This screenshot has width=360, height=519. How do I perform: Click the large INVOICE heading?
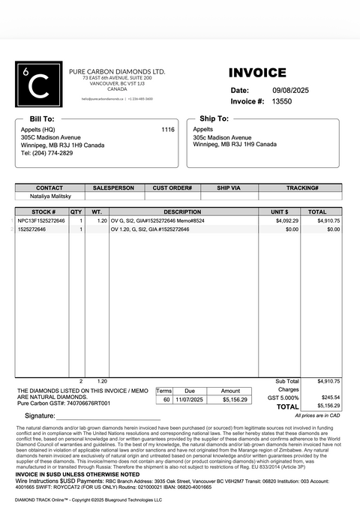click(x=257, y=73)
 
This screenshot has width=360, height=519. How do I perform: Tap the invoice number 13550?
click(x=281, y=100)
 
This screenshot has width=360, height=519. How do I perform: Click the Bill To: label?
click(x=41, y=118)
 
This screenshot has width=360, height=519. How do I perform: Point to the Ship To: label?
click(x=214, y=118)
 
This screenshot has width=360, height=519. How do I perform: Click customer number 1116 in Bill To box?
click(x=167, y=130)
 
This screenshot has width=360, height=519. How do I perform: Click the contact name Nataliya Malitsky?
click(x=49, y=196)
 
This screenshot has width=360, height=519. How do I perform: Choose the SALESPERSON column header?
click(x=113, y=187)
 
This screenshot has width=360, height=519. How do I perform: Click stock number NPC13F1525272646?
click(x=41, y=221)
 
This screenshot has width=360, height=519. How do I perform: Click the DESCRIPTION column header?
click(x=182, y=212)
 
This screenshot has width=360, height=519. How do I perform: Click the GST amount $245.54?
click(x=330, y=397)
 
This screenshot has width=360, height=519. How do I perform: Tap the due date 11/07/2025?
click(x=189, y=400)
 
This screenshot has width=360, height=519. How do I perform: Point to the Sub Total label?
click(x=286, y=381)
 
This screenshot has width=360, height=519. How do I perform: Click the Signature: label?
click(x=40, y=415)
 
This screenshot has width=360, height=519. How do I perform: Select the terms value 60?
click(x=166, y=400)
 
